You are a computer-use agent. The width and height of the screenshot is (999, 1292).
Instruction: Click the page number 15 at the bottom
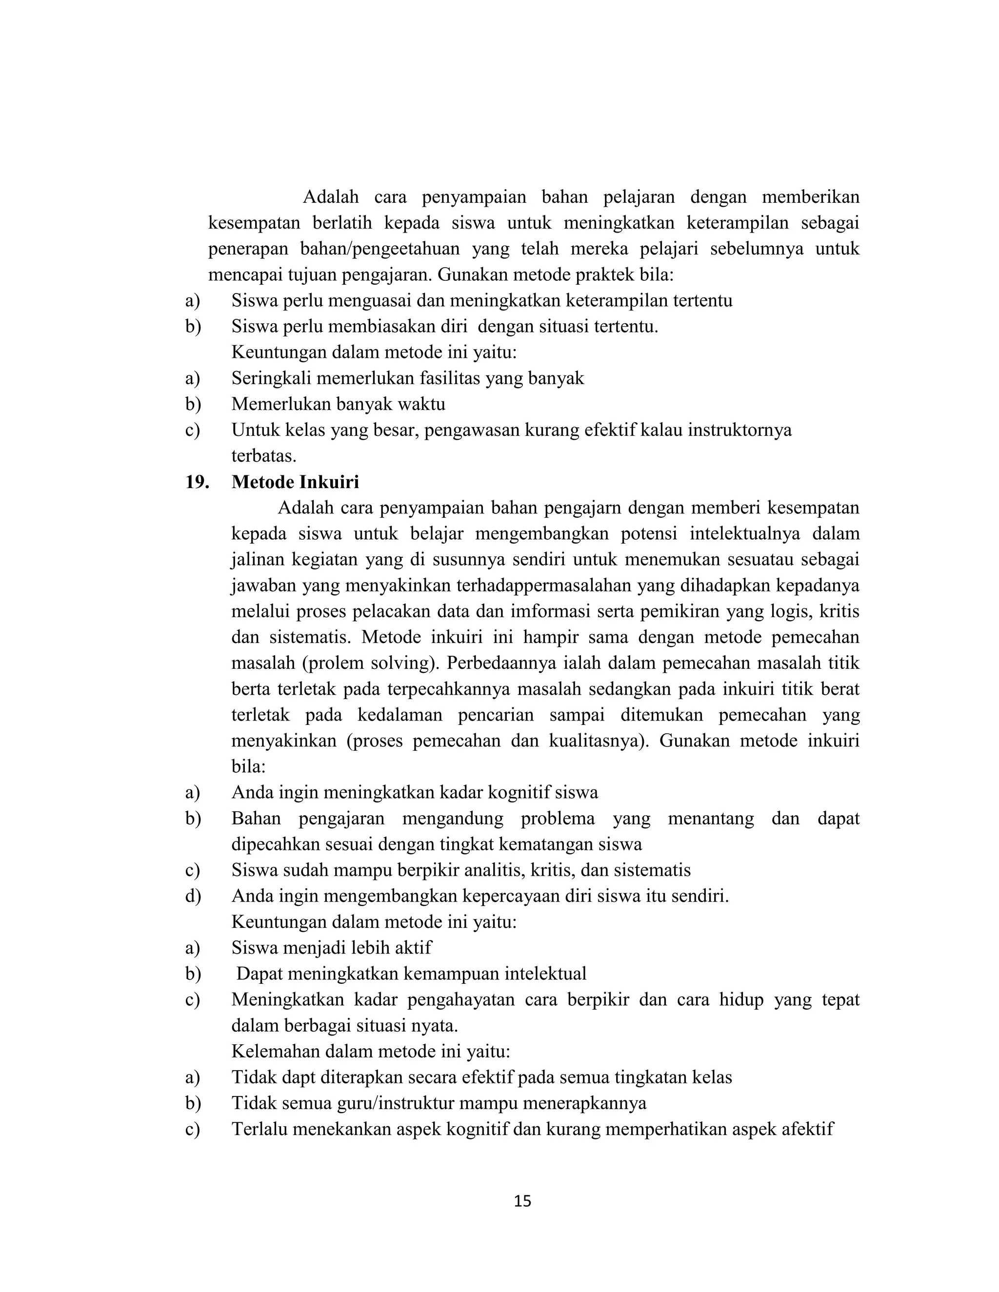point(522,1201)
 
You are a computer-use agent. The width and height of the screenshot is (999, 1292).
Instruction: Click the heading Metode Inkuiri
point(295,482)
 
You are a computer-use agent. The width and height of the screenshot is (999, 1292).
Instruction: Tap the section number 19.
point(197,482)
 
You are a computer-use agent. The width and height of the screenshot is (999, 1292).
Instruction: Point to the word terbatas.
point(263,456)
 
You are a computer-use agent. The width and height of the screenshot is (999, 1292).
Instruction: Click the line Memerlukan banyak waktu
point(338,404)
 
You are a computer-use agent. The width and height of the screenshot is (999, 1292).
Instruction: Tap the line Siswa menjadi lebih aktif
point(331,948)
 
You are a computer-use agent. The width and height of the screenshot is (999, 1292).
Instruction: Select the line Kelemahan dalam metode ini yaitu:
point(371,1051)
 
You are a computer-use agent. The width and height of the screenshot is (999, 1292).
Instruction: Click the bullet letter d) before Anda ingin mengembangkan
point(193,896)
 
